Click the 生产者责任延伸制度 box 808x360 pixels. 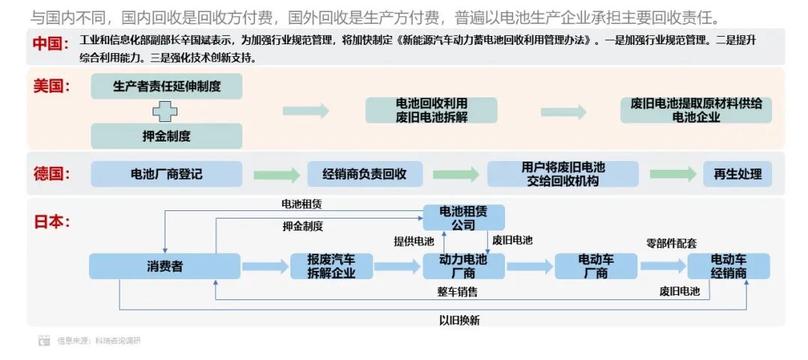pyautogui.click(x=166, y=86)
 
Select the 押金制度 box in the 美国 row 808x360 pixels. pyautogui.click(x=166, y=136)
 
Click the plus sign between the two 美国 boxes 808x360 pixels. pyautogui.click(x=165, y=112)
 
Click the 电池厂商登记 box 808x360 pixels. pyautogui.click(x=166, y=174)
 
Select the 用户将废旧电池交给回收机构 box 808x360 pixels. pyautogui.click(x=563, y=174)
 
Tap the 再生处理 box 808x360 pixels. pyautogui.click(x=737, y=174)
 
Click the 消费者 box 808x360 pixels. pyautogui.click(x=165, y=266)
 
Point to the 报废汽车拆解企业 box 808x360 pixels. pyautogui.click(x=331, y=266)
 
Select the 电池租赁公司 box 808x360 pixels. pyautogui.click(x=463, y=217)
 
